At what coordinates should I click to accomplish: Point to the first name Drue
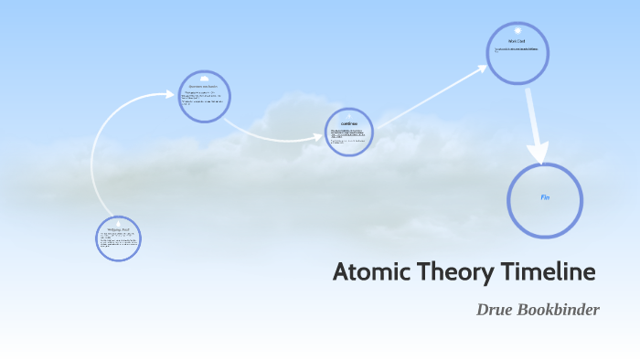[x=495, y=310]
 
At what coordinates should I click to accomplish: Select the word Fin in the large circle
[x=544, y=197]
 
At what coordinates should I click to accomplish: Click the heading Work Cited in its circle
[x=517, y=41]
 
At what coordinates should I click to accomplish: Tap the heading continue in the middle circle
[x=348, y=123]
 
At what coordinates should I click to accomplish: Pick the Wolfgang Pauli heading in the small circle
[x=118, y=228]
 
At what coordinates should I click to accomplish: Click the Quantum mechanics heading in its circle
[x=203, y=85]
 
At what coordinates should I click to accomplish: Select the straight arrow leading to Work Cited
[x=430, y=96]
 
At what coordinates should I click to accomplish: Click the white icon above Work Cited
[x=517, y=28]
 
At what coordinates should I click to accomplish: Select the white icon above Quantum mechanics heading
[x=204, y=77]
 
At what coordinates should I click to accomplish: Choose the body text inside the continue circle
[x=348, y=137]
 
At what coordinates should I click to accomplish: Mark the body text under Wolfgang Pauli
[x=118, y=240]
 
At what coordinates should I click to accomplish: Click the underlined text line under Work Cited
[x=517, y=49]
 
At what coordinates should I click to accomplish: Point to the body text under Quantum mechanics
[x=203, y=99]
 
